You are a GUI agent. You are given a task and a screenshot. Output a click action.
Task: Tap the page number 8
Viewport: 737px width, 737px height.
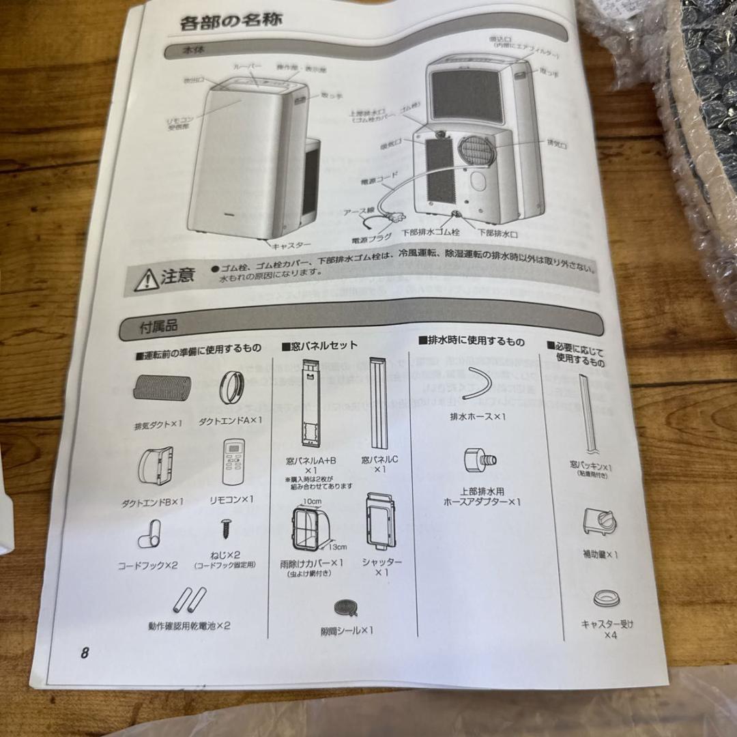[x=85, y=652]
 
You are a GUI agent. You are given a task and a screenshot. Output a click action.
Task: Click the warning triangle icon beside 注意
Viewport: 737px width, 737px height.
[x=146, y=279]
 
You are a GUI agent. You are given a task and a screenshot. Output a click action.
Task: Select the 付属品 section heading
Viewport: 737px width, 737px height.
[x=159, y=327]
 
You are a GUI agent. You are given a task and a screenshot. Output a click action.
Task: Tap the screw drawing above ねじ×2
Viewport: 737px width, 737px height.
[x=225, y=528]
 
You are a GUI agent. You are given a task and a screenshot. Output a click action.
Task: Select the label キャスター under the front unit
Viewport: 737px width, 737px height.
[x=291, y=244]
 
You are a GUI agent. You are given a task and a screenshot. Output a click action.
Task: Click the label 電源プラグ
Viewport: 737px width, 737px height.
[x=371, y=239]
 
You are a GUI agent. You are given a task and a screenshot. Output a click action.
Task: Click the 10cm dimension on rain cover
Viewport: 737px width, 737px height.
[x=312, y=502]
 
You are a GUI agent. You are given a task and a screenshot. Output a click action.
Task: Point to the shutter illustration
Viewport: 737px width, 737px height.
[x=380, y=521]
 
